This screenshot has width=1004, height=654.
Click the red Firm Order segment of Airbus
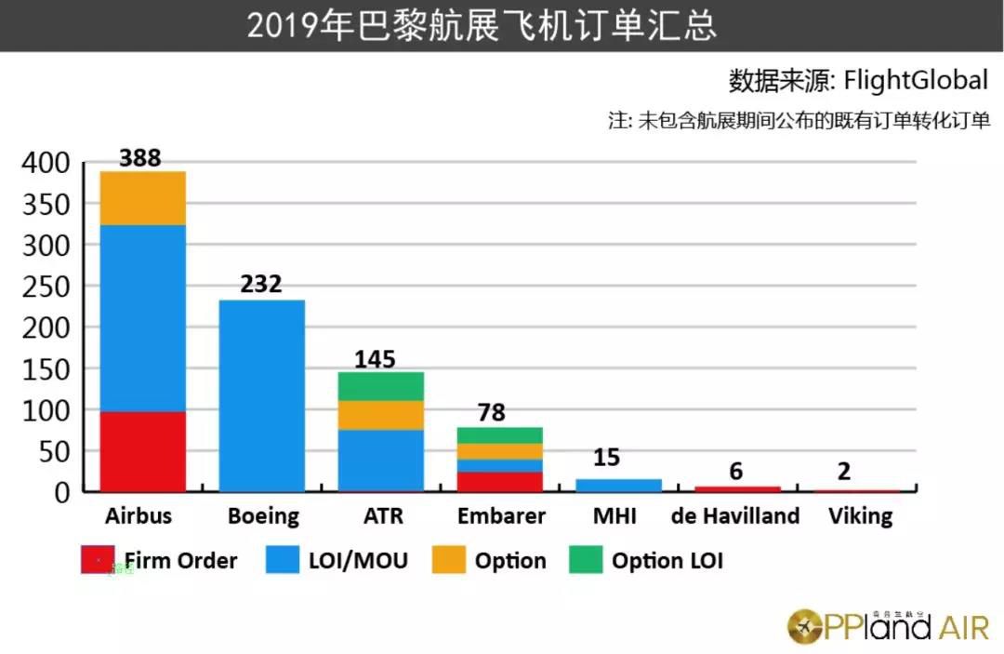point(143,451)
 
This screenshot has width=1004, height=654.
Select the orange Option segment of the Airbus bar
point(143,198)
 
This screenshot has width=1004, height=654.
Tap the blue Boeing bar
point(261,395)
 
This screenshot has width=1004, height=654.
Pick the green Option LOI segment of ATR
point(380,386)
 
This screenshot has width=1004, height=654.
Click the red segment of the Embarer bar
point(499,481)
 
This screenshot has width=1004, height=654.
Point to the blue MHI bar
point(618,485)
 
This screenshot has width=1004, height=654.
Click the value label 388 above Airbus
point(140,158)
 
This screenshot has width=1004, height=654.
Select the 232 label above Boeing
point(260,284)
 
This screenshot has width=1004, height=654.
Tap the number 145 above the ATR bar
point(375,358)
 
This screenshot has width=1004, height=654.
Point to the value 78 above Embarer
point(492,412)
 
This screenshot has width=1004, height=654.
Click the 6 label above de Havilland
point(736,472)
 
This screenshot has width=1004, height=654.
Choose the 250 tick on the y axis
point(46,287)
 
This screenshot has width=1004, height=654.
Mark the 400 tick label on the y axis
point(46,163)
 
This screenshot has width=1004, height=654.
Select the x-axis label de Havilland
point(736,515)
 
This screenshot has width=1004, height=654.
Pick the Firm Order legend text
point(180,560)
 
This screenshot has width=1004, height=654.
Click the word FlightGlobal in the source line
point(916,81)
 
